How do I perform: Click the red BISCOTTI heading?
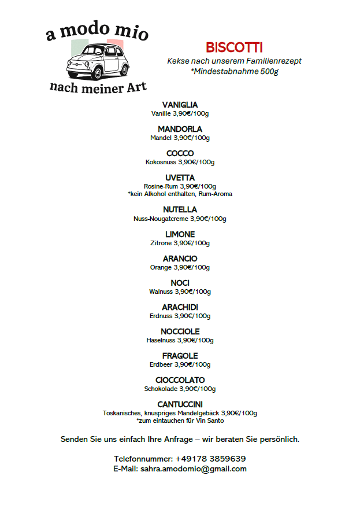(x=234, y=47)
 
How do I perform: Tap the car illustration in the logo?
(x=96, y=61)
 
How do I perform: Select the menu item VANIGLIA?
(x=180, y=105)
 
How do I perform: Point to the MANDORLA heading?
(x=180, y=129)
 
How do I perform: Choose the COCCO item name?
(x=180, y=153)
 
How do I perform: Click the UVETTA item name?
(x=180, y=178)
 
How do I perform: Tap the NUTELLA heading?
(x=180, y=209)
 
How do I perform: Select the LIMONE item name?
(x=180, y=234)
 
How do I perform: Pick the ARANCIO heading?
(x=180, y=259)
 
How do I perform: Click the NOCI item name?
(x=180, y=283)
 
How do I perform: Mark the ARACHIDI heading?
(x=180, y=307)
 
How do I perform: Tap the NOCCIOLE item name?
(x=180, y=331)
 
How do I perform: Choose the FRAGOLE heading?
(x=180, y=356)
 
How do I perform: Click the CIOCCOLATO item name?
(x=180, y=380)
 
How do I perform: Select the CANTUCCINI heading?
(x=180, y=404)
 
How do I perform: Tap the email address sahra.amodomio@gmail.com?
(x=193, y=469)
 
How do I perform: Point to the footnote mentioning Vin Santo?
(x=180, y=421)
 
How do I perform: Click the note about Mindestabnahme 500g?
(x=234, y=71)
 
